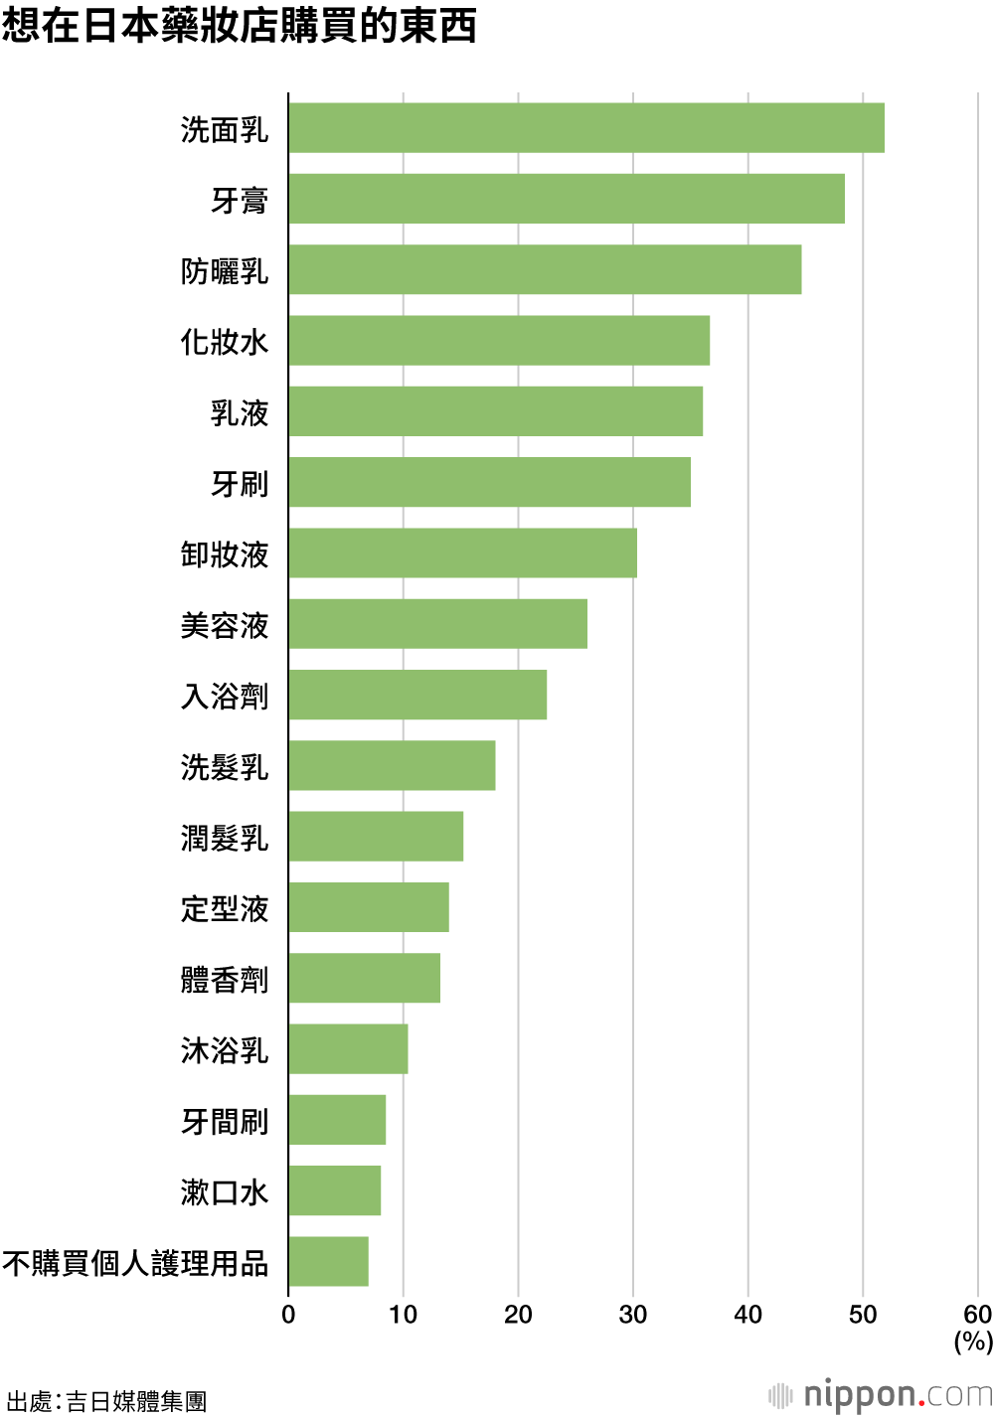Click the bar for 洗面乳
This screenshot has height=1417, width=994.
586,128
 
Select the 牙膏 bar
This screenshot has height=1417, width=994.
567,199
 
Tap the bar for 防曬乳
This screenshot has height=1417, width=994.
546,269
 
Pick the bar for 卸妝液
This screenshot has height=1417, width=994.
463,552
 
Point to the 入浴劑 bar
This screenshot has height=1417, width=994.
417,695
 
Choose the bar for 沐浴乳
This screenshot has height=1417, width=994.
349,1048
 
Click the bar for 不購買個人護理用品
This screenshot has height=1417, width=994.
329,1261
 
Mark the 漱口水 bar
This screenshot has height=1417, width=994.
335,1190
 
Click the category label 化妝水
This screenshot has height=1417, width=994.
225,342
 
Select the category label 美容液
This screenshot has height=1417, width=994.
225,625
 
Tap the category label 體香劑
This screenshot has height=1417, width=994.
225,979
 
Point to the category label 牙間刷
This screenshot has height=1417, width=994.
225,1121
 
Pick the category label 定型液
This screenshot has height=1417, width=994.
225,908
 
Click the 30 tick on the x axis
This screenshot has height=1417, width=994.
633,1315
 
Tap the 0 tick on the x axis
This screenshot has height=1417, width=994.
288,1315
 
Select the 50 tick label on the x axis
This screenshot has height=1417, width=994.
863,1315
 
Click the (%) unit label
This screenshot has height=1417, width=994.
973,1341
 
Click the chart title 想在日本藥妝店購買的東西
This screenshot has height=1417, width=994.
239,25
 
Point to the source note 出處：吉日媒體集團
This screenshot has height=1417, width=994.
106,1400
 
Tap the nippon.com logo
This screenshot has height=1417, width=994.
881,1395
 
